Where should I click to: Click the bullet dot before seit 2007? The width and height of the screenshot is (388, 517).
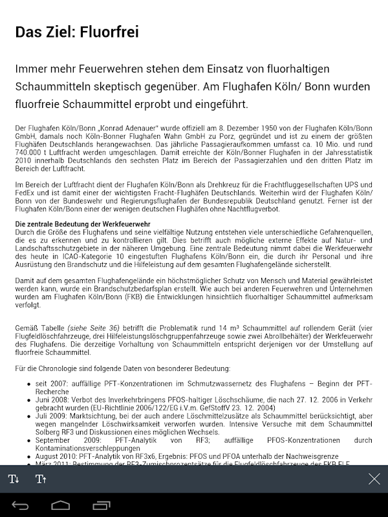(x=29, y=385)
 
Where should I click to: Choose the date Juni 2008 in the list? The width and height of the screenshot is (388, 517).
(x=55, y=399)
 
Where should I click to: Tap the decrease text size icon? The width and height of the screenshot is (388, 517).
(x=14, y=479)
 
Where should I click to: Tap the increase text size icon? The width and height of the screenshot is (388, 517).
(x=41, y=479)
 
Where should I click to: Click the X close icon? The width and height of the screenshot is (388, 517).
(x=374, y=479)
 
